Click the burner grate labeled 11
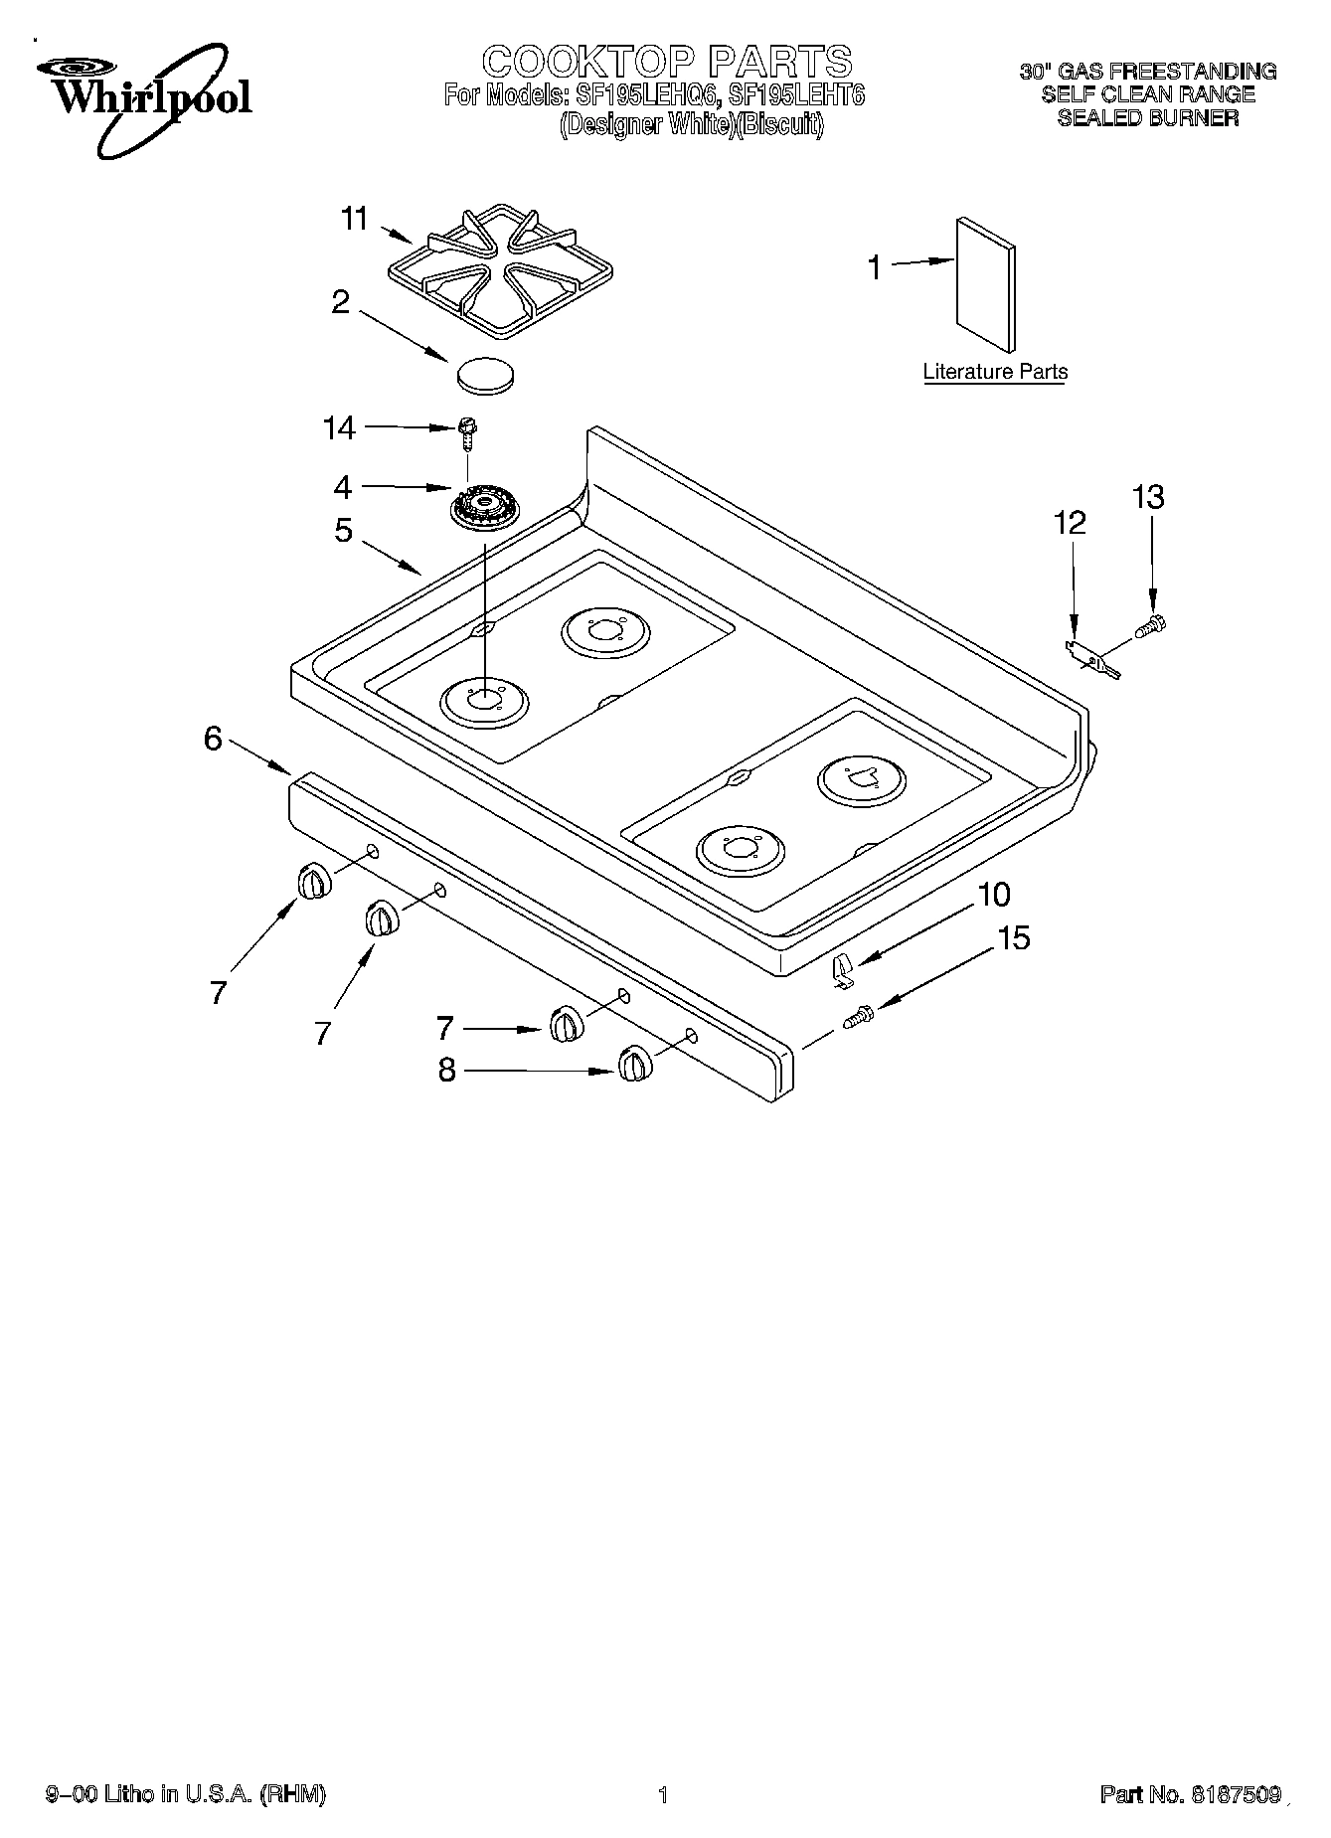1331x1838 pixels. point(500,273)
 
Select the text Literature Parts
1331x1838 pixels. point(995,372)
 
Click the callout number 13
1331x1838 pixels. point(1148,497)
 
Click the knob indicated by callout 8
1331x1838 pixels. point(633,1065)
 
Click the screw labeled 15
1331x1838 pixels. point(858,1017)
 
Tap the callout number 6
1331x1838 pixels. point(213,739)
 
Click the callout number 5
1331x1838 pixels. point(343,531)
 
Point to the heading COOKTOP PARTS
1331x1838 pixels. point(667,62)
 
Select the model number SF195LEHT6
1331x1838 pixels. point(796,96)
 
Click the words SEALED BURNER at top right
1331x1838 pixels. point(1147,117)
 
